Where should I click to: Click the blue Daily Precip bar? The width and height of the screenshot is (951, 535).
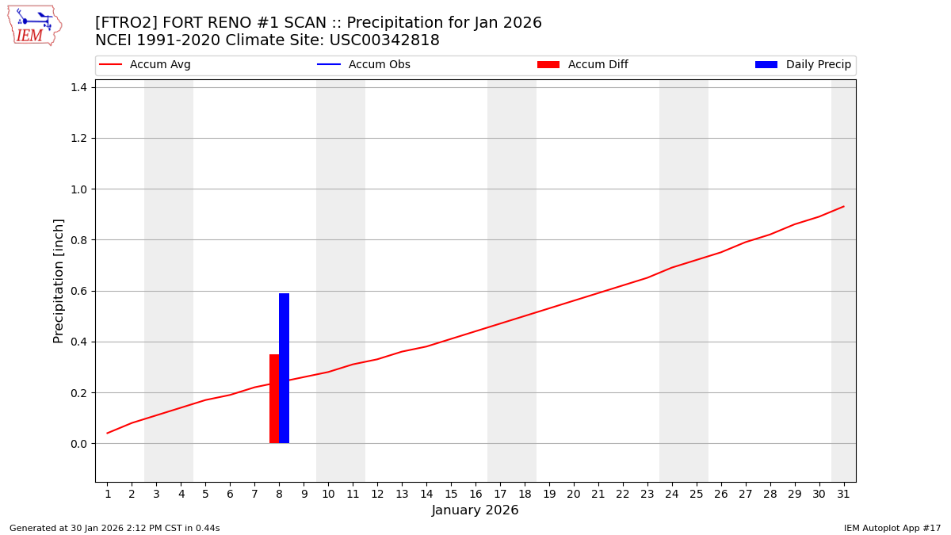[284, 369]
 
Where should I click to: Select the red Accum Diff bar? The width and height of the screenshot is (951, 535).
[274, 399]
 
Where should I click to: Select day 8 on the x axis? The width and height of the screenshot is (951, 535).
[279, 495]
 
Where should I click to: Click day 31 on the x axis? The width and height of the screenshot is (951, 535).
[843, 495]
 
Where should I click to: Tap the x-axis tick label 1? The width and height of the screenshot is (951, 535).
[108, 495]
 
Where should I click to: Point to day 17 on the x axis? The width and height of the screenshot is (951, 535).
[500, 495]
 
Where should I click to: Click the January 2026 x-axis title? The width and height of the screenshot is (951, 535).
[475, 510]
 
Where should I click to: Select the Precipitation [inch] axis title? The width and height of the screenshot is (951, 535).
[59, 281]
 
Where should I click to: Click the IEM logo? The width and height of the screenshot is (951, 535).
[34, 25]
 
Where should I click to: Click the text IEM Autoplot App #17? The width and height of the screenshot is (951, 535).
[892, 529]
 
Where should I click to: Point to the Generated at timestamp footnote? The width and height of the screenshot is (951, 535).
[115, 529]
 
